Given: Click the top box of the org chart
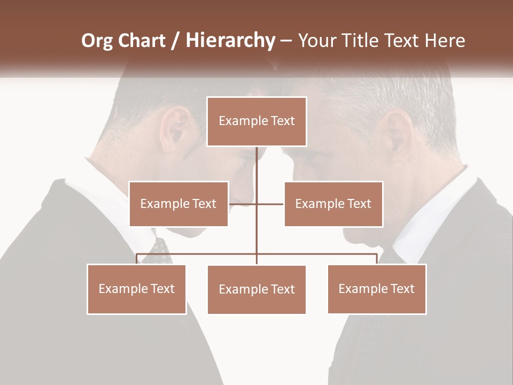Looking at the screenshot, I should click(256, 121).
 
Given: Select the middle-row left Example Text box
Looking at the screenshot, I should click(178, 204).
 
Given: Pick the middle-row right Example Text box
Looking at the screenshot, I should click(333, 204).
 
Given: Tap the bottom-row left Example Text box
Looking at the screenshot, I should click(137, 289).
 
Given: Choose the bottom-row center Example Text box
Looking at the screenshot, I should click(256, 289).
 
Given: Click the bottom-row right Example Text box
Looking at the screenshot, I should click(377, 289).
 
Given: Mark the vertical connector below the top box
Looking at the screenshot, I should click(256, 171).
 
